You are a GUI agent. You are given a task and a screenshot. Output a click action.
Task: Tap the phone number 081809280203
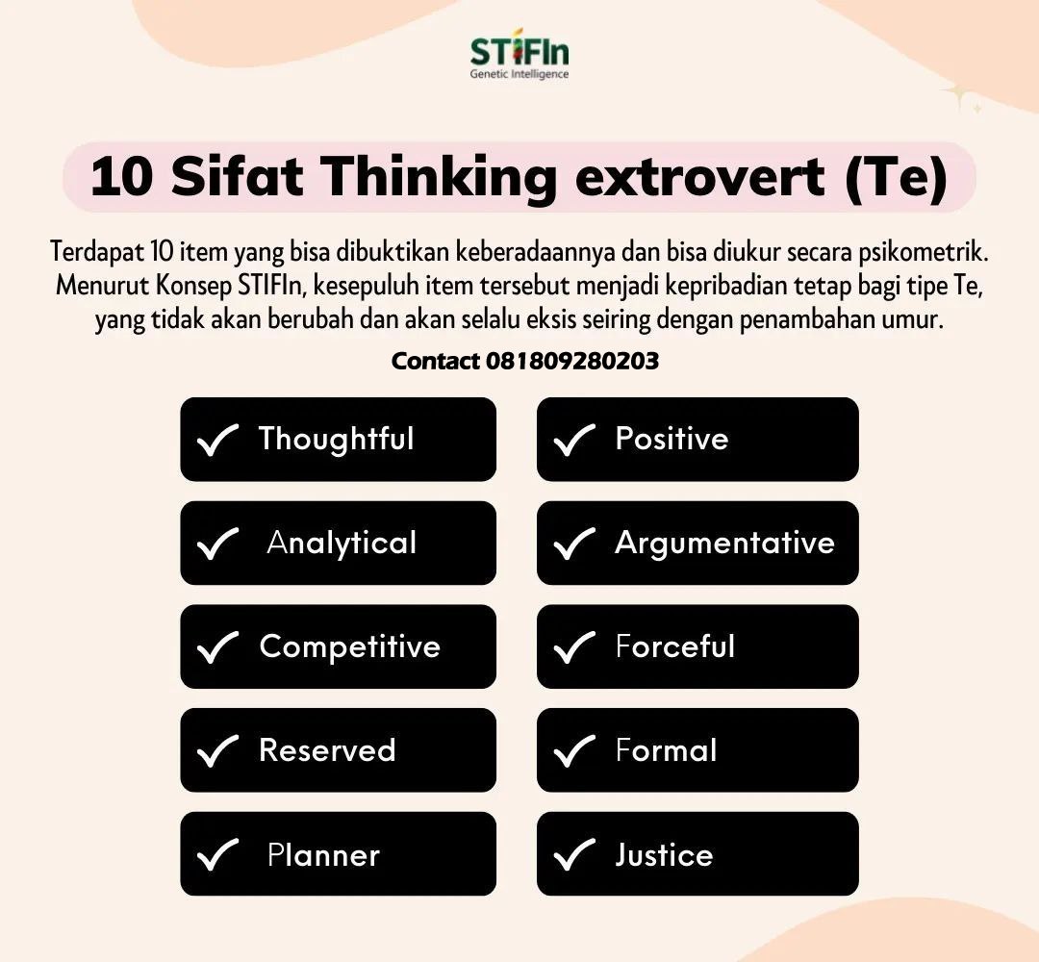coord(572,361)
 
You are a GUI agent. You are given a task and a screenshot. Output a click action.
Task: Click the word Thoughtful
coord(336,440)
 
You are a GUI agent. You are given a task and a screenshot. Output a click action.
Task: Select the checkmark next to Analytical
coord(216,544)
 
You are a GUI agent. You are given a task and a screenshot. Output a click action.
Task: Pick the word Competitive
coord(349,646)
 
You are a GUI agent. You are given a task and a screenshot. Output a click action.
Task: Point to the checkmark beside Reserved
coord(216,750)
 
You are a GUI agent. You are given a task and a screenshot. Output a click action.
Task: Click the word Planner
coord(323,855)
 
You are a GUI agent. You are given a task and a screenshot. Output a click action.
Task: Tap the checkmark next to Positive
coord(574,440)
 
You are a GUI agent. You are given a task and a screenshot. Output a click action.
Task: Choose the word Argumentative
coord(724,544)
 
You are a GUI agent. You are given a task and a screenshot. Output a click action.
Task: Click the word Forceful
coord(674,646)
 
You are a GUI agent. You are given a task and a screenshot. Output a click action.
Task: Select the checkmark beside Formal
coord(574,750)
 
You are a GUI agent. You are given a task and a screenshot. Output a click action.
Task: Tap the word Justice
coord(664,855)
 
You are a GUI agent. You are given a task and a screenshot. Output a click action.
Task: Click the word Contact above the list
coord(436,361)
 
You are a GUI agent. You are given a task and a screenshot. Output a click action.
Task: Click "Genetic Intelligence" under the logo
coord(519,74)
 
